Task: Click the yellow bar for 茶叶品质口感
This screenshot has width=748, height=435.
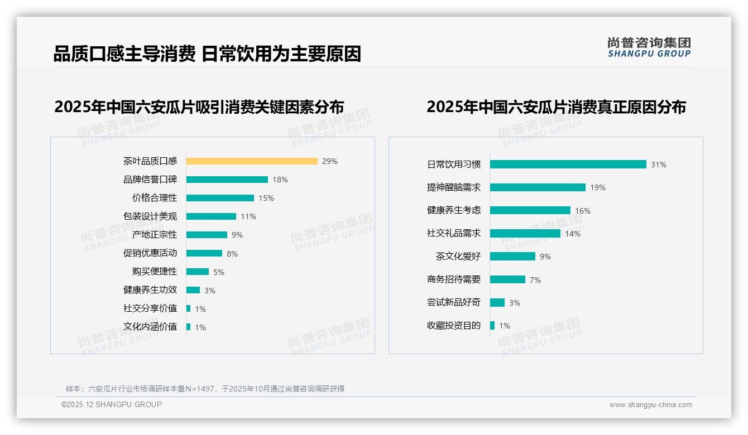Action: (x=252, y=161)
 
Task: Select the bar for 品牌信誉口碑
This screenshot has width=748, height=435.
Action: (x=227, y=180)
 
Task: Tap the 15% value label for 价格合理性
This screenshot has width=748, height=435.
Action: (x=266, y=198)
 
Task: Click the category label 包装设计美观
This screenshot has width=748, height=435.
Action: (x=150, y=216)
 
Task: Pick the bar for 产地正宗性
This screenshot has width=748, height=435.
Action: (x=207, y=235)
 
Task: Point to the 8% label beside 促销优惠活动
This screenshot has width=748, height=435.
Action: (x=232, y=254)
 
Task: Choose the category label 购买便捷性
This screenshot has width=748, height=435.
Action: (x=155, y=272)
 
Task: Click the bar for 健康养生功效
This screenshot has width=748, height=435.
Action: (x=193, y=290)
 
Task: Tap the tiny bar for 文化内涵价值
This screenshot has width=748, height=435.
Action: (x=189, y=327)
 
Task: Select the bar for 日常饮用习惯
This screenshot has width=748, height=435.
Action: (x=568, y=165)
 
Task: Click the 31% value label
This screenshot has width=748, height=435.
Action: (x=659, y=165)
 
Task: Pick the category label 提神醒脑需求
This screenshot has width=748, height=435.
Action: (x=454, y=187)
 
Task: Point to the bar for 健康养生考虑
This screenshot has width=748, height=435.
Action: (x=530, y=210)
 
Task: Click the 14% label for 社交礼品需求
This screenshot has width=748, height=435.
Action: (x=573, y=234)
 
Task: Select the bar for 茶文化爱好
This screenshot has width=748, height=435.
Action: (x=512, y=257)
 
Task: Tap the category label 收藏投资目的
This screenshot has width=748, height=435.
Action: (x=454, y=326)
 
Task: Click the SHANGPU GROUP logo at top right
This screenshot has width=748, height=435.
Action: (x=649, y=47)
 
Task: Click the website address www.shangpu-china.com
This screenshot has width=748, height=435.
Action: (x=650, y=405)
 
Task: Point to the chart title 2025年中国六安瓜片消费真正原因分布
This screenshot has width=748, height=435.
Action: (x=556, y=107)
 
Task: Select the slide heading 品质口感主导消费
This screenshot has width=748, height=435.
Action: (x=124, y=54)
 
